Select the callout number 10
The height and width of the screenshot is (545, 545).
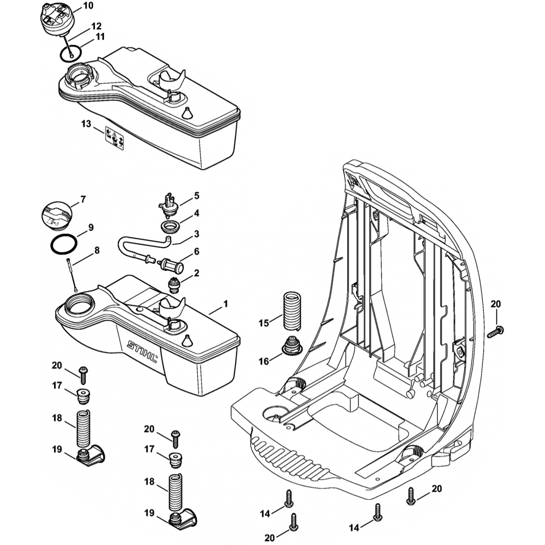(x=87, y=6)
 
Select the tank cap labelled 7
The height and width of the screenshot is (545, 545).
(x=56, y=213)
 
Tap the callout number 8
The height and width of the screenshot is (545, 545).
(x=96, y=251)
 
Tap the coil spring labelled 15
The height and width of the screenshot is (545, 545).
(x=293, y=311)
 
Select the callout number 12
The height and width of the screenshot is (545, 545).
(x=96, y=25)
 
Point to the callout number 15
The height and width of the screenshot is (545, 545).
(x=264, y=323)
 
